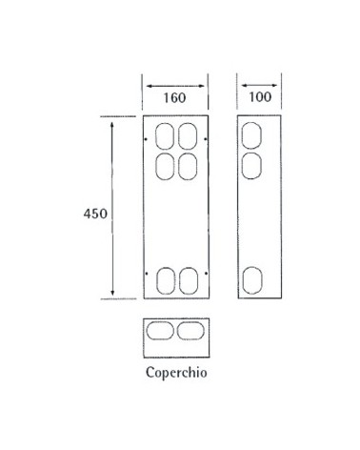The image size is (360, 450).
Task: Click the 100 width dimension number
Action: (256, 97)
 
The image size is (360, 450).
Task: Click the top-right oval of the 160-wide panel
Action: (188, 134)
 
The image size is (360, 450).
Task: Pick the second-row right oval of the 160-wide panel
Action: (188, 166)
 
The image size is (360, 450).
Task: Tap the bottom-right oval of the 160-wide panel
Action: (188, 280)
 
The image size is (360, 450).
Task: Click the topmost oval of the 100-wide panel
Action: (250, 133)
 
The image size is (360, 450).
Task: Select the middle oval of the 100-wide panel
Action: (250, 166)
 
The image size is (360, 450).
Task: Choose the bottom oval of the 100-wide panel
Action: (250, 280)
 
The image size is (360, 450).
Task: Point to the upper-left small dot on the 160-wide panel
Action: (145, 140)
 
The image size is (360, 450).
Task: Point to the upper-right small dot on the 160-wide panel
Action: (206, 140)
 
